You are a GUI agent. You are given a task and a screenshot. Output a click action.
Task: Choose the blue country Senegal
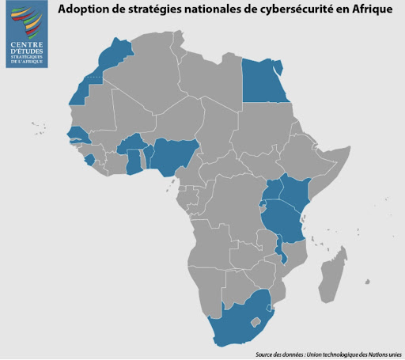point(77,132)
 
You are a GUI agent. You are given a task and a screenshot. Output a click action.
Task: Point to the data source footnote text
point(327,354)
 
